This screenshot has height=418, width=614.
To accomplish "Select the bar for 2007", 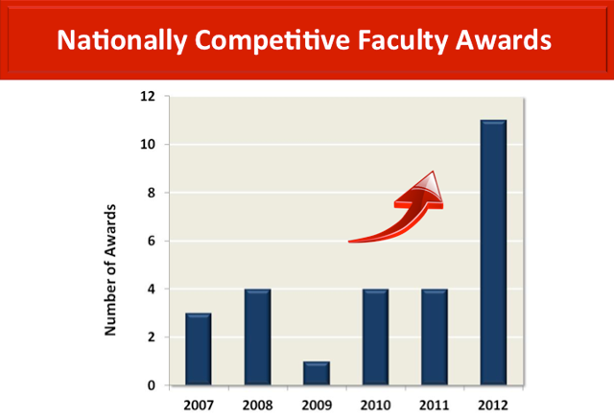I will pos(198,349).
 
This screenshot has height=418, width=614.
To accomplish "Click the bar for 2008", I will pos(257,337).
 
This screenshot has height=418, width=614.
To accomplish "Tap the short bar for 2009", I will pos(317,374).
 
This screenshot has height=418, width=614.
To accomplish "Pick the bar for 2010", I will pos(375,337).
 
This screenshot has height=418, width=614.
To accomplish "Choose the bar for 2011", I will pos(435,337).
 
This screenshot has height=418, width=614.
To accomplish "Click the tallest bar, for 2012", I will pos(493,253).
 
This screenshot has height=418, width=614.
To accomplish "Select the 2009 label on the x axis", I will pos(317,404).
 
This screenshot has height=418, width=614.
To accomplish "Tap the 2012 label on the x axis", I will pos(493,404).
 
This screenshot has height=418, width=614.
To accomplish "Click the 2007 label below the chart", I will pos(198,404).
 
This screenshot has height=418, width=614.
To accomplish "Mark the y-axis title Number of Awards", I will pos(111,268).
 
